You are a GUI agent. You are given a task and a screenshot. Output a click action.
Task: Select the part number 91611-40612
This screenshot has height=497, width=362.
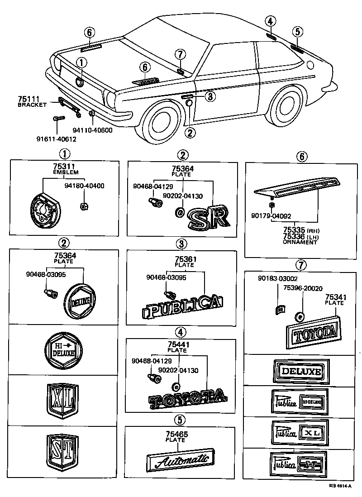click(x=57, y=139)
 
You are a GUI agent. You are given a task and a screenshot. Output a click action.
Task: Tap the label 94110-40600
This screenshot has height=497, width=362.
click(x=94, y=129)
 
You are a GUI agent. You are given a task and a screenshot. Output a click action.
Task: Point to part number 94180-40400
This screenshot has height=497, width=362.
click(x=84, y=186)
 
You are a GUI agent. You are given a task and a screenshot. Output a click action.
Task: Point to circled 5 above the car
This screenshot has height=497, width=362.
click(x=297, y=31)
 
